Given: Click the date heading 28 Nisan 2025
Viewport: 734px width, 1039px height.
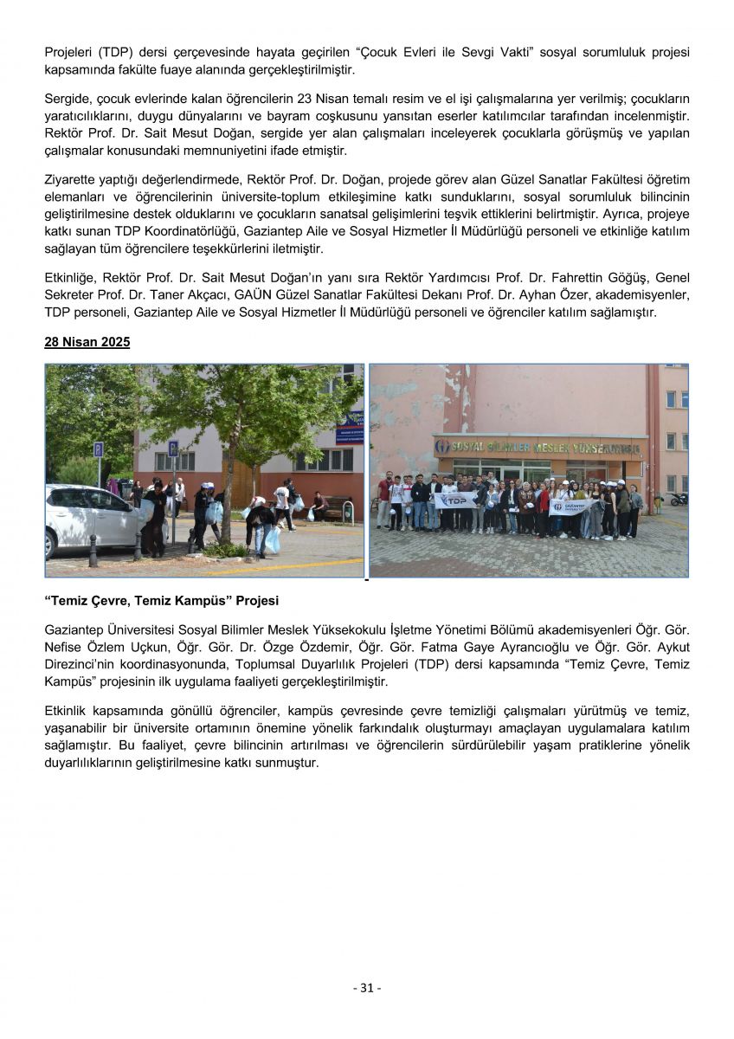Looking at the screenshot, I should [87, 343].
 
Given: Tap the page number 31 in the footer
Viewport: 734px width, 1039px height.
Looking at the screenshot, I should [367, 988].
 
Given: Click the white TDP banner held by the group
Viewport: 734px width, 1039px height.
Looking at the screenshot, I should [455, 500].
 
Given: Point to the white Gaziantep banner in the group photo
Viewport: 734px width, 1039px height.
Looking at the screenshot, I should [568, 507].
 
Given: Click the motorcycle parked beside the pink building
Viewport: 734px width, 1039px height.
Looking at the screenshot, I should [678, 499].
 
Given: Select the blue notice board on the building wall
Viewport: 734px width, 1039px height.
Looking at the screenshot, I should [350, 429].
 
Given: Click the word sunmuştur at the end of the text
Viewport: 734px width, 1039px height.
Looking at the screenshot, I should [285, 763].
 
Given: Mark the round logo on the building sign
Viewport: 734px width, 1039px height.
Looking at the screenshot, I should [441, 448].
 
